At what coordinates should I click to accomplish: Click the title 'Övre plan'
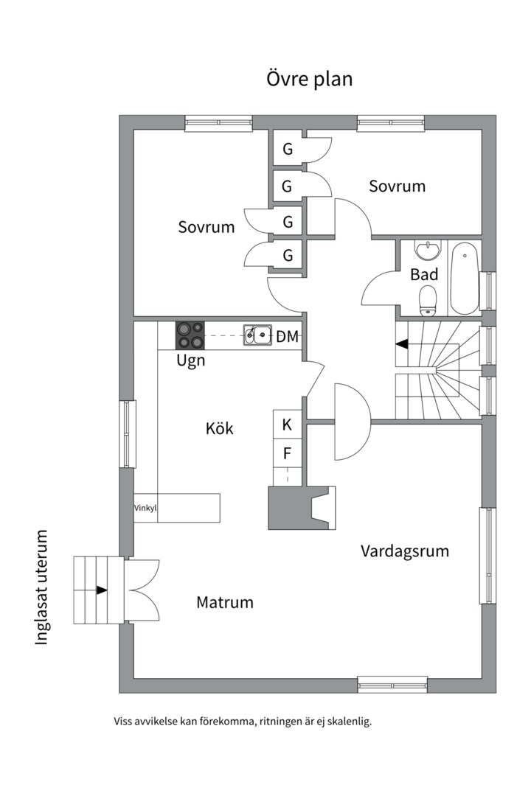(x=309, y=80)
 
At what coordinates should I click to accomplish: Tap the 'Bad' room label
(x=424, y=275)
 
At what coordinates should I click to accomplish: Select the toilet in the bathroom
(x=427, y=301)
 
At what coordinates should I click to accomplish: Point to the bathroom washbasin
(x=427, y=251)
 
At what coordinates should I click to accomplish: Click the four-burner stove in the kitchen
(x=190, y=335)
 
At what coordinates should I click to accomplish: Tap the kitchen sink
(x=258, y=335)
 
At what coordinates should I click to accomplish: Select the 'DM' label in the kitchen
(x=287, y=337)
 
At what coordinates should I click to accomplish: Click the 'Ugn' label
(x=190, y=361)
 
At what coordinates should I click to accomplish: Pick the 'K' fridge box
(x=287, y=425)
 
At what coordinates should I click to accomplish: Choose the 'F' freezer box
(x=287, y=453)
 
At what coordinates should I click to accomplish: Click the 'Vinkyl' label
(x=145, y=508)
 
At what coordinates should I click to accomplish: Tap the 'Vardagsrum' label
(x=405, y=551)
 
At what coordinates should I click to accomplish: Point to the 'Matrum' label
(x=225, y=602)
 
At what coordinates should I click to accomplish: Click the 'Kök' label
(x=219, y=427)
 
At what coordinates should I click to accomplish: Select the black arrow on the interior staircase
(x=402, y=343)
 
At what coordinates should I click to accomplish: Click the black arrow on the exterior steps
(x=101, y=590)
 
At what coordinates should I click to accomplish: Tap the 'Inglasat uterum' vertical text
(x=42, y=587)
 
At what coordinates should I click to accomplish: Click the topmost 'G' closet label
(x=288, y=149)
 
